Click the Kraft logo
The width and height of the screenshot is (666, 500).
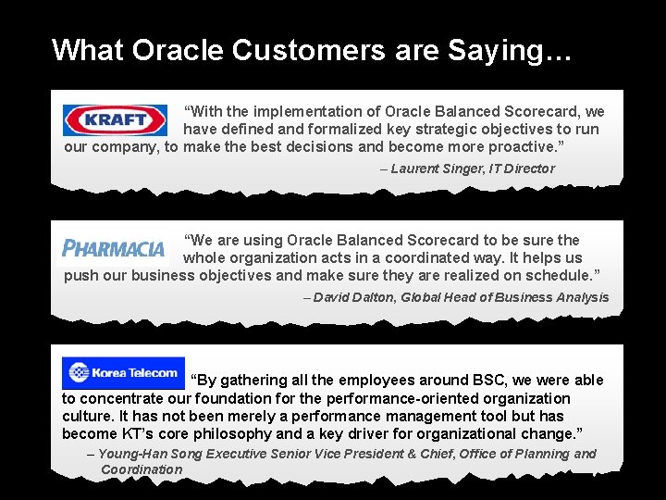coord(115,120)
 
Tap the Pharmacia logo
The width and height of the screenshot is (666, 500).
coord(113,248)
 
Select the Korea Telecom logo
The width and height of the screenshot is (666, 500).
coord(123,373)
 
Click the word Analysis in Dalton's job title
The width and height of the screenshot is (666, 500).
coord(582,297)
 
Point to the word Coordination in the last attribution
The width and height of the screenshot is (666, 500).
coord(142,469)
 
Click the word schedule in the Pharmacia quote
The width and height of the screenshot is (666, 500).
coord(550,275)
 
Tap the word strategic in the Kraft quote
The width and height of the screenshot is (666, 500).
coord(422,129)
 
